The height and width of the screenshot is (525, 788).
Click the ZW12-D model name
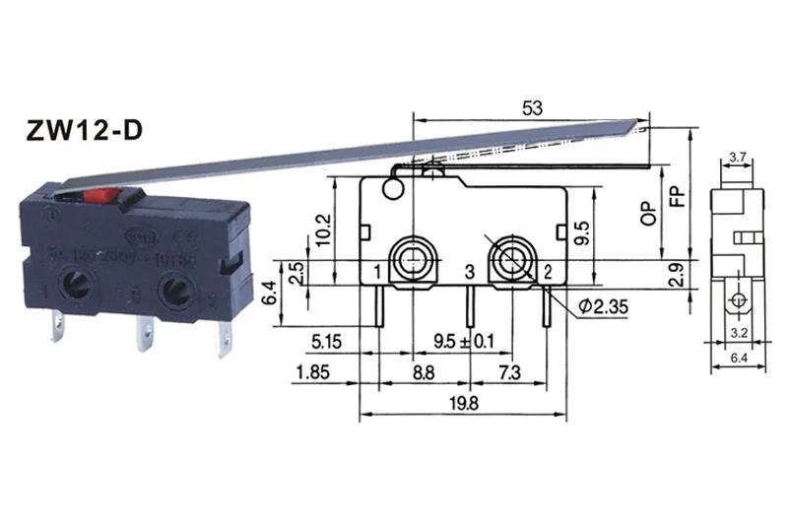click(x=83, y=129)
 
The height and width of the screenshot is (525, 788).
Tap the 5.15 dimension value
click(x=325, y=342)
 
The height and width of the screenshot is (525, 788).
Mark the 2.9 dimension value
click(x=675, y=275)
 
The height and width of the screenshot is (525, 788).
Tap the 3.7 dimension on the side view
click(x=737, y=157)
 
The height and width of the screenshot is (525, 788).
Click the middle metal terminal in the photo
click(x=144, y=336)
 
